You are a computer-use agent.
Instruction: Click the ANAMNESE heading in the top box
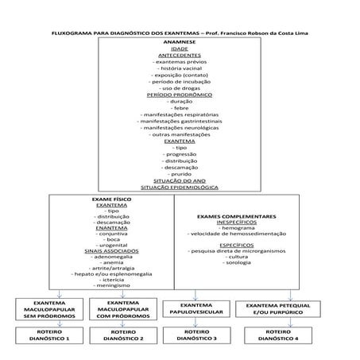180,41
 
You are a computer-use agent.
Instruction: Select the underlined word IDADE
180,48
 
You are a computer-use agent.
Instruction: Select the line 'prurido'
180,172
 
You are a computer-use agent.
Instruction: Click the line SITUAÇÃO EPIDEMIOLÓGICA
180,187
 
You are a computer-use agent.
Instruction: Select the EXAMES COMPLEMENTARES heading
236,215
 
